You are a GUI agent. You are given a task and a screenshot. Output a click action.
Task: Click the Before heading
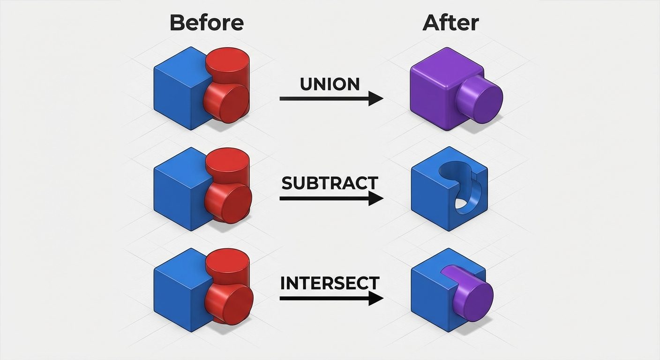206,22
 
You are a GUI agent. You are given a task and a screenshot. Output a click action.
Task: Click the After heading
450,22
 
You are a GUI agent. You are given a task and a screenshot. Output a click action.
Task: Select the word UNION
330,84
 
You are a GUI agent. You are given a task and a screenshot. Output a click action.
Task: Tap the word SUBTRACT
330,183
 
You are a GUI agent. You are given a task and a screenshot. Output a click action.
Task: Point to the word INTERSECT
330,283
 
